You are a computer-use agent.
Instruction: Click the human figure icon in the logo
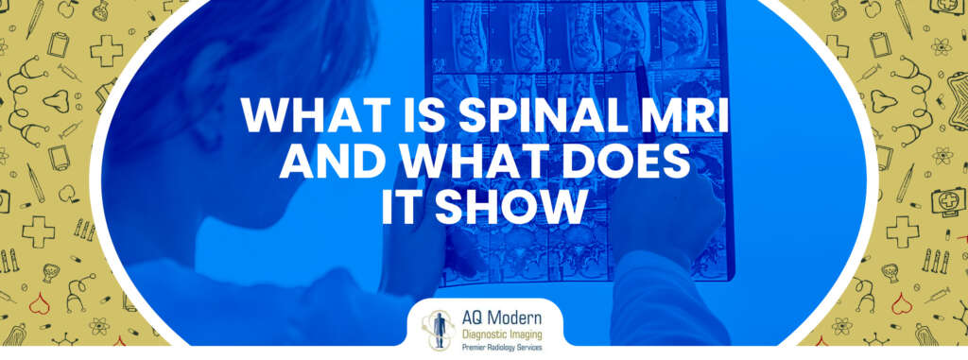pos(436,326)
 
